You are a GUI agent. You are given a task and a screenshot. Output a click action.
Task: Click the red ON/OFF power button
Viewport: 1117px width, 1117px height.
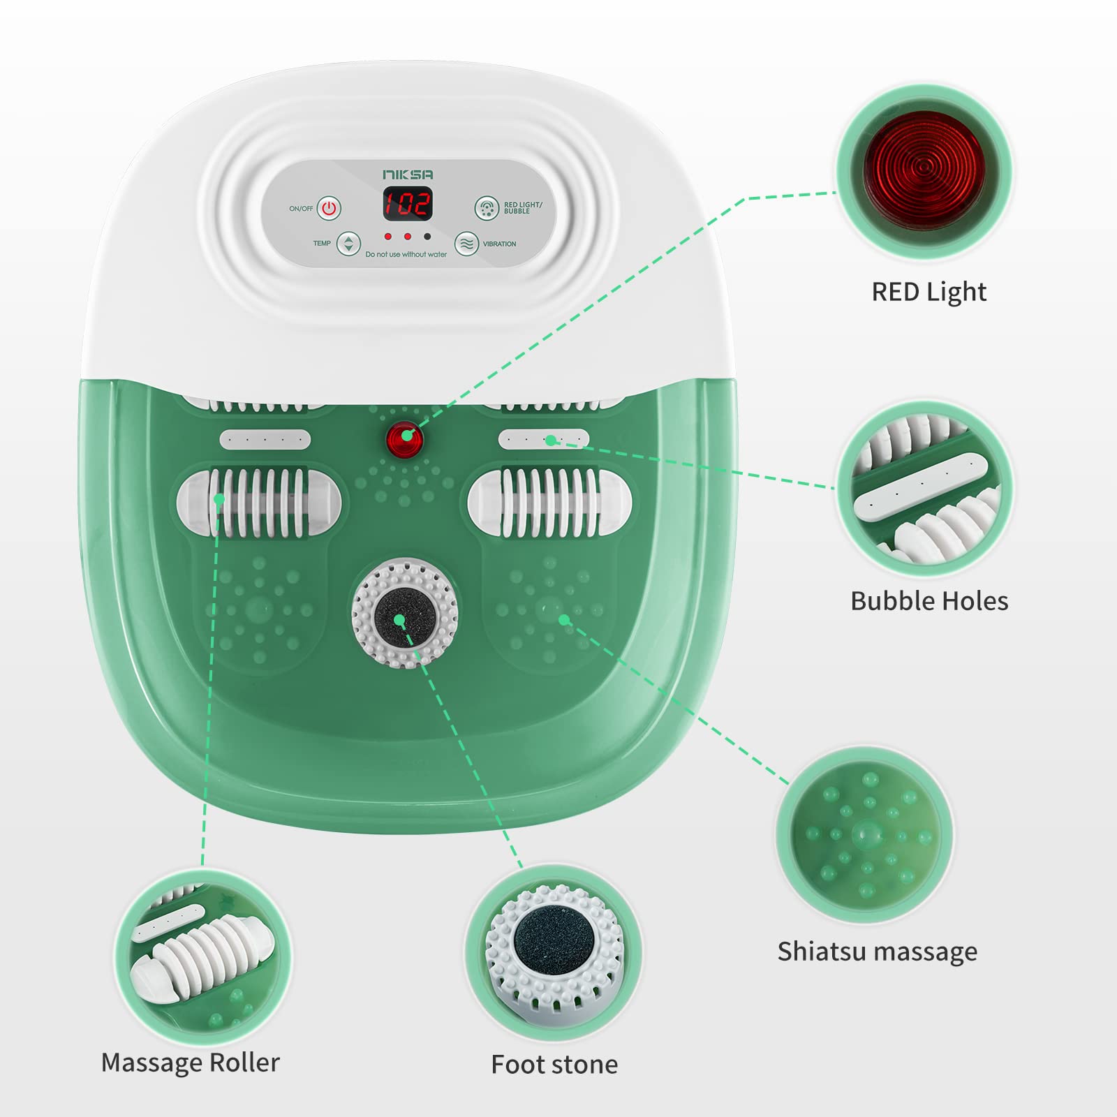pyautogui.click(x=329, y=208)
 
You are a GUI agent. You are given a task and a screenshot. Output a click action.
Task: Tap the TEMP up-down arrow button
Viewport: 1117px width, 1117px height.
pyautogui.click(x=348, y=244)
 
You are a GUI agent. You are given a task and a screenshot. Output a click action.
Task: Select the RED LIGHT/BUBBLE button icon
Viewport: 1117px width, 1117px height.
pyautogui.click(x=487, y=208)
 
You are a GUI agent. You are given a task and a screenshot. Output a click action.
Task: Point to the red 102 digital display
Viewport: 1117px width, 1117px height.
pyautogui.click(x=407, y=204)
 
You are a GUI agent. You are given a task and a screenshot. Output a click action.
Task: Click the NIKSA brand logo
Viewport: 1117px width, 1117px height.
pyautogui.click(x=408, y=174)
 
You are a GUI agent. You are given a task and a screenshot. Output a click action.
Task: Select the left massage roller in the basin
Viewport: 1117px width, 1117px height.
pyautogui.click(x=259, y=503)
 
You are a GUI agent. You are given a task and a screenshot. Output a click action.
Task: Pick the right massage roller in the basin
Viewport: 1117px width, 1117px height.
pyautogui.click(x=550, y=503)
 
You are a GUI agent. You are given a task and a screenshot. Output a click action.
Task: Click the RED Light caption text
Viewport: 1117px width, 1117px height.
pyautogui.click(x=929, y=292)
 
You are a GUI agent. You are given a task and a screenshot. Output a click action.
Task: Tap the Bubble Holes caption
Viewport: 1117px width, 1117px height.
pyautogui.click(x=929, y=601)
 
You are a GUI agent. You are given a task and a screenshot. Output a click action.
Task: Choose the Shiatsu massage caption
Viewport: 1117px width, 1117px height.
pyautogui.click(x=878, y=952)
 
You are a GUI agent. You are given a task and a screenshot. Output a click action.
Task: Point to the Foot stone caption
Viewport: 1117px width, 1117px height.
pyautogui.click(x=554, y=1065)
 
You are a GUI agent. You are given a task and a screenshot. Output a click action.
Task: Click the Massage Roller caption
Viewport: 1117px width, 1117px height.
pyautogui.click(x=190, y=1063)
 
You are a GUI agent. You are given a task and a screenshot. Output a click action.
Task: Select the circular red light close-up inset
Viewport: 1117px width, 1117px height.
pyautogui.click(x=924, y=172)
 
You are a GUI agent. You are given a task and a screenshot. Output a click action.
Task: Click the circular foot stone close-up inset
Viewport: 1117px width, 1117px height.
pyautogui.click(x=554, y=953)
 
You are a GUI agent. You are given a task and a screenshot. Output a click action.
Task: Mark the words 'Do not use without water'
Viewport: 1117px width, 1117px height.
pyautogui.click(x=406, y=255)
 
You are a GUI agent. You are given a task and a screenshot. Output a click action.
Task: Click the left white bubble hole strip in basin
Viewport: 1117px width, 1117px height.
pyautogui.click(x=265, y=440)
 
